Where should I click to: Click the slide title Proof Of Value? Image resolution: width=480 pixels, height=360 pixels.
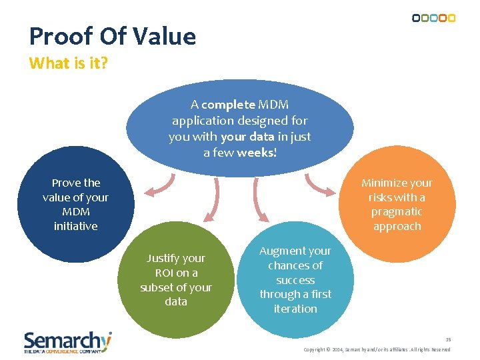(x=113, y=36)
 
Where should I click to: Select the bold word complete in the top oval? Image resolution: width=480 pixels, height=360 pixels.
(x=228, y=105)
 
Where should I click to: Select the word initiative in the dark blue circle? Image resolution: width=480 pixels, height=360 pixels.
(x=75, y=226)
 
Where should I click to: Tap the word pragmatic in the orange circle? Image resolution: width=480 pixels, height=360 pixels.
(x=397, y=211)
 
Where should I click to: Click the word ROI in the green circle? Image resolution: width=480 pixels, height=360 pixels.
(x=164, y=273)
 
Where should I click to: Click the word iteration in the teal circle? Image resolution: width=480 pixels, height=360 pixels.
(x=295, y=309)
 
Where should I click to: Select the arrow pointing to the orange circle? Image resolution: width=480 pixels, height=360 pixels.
(x=319, y=186)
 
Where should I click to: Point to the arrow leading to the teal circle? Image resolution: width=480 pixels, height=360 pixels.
(x=259, y=200)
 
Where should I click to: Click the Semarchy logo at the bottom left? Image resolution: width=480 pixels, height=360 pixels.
(x=67, y=341)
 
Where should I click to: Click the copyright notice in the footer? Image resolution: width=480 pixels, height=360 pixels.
(x=377, y=349)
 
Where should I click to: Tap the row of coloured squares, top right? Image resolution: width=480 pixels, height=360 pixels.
(x=433, y=18)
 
